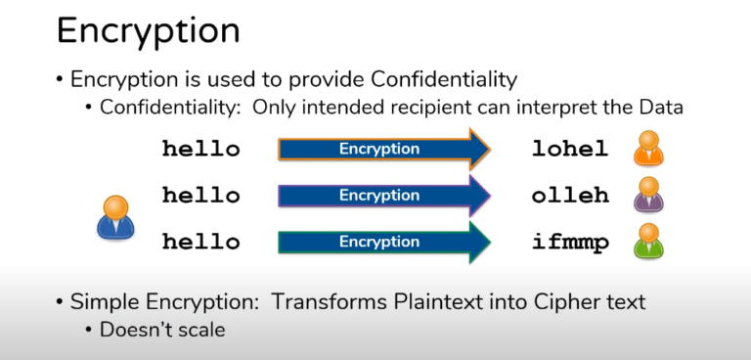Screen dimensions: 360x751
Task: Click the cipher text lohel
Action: [x=570, y=150]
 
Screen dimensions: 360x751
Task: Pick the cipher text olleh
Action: [x=570, y=196]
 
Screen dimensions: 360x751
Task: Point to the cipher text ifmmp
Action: [x=570, y=242]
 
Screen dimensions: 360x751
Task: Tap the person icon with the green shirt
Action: [x=648, y=241]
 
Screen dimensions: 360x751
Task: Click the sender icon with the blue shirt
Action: [x=115, y=216]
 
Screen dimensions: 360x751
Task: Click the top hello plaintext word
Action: [x=200, y=150]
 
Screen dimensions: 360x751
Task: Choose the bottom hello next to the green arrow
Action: [x=200, y=242]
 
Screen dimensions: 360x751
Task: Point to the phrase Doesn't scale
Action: [x=162, y=330]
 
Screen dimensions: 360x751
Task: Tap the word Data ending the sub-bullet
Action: [x=660, y=108]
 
